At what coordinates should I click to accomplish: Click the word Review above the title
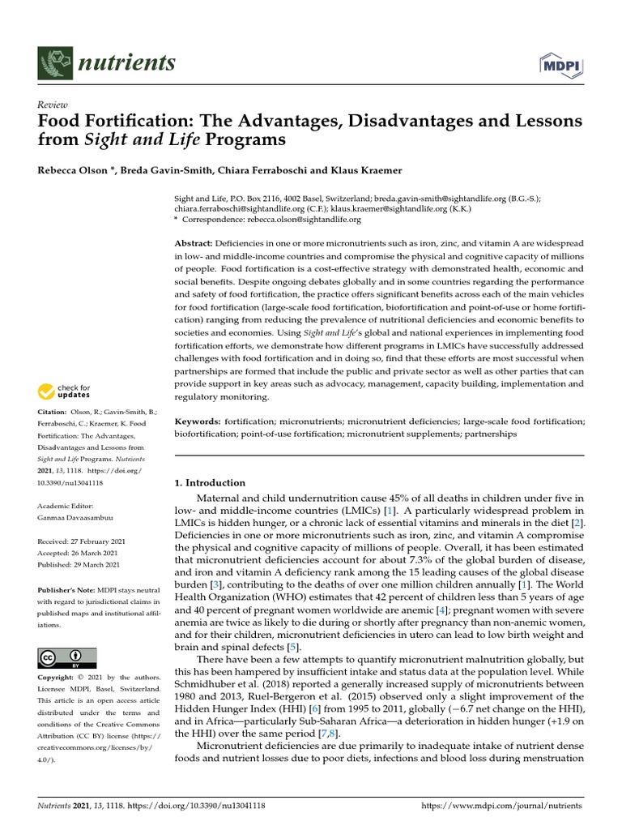(x=52, y=105)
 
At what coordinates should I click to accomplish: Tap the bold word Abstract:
(x=194, y=244)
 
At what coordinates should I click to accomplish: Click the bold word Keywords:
(x=198, y=421)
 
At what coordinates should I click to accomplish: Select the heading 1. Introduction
(x=210, y=483)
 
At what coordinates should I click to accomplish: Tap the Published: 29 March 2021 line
(x=79, y=564)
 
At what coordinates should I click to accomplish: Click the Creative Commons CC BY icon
(x=67, y=657)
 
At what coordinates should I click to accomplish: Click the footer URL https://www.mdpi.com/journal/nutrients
(x=502, y=806)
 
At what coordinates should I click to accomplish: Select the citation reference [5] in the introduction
(x=293, y=647)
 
